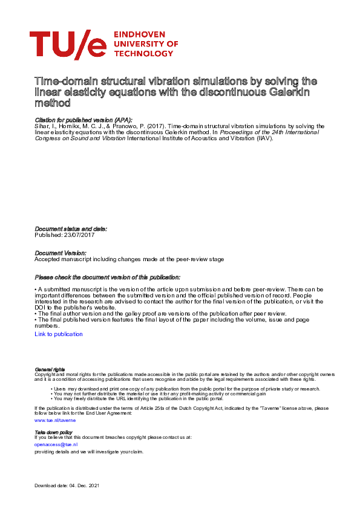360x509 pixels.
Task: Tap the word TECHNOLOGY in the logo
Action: (x=144, y=53)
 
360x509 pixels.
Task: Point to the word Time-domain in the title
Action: (x=64, y=81)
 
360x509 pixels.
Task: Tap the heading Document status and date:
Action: (x=71, y=229)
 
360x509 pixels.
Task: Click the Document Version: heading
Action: (x=61, y=253)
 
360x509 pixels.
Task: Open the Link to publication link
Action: (x=59, y=334)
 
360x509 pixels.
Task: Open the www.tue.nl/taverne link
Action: (x=55, y=419)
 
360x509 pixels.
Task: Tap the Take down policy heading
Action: (x=54, y=432)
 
